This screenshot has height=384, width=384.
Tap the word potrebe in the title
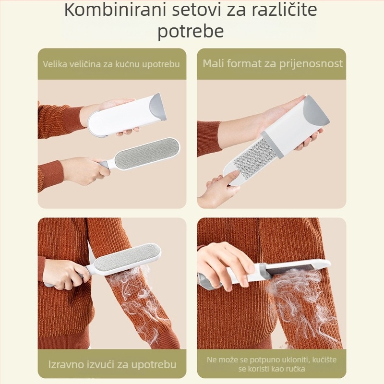pos(191,31)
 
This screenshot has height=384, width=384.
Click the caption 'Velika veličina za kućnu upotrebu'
pos(112,64)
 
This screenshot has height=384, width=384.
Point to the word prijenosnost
pos(312,64)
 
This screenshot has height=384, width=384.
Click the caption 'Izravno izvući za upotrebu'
pos(112,364)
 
